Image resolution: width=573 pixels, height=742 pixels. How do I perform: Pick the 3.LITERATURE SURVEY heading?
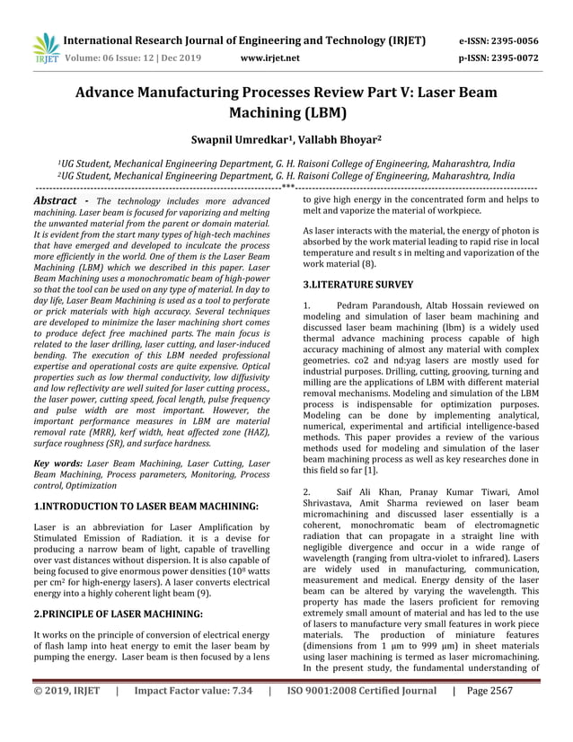[x=358, y=284]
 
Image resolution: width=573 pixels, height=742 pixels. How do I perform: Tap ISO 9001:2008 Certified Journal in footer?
[x=364, y=717]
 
